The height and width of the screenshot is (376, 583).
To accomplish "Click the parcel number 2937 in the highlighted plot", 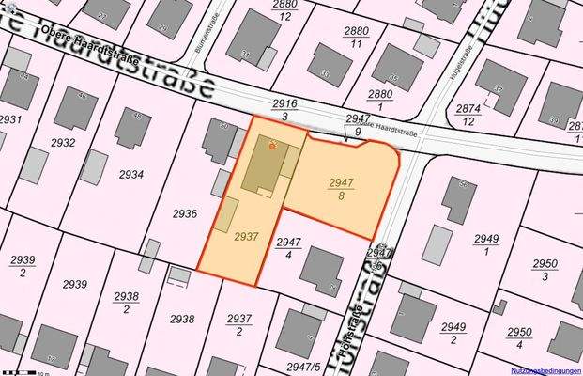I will (x=246, y=237).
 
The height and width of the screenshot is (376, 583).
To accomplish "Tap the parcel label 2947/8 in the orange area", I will (x=342, y=189).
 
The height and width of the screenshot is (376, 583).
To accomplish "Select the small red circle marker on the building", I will (x=272, y=146).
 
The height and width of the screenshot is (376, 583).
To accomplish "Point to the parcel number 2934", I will (x=130, y=174).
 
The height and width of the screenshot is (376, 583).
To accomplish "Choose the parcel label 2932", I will (x=63, y=143).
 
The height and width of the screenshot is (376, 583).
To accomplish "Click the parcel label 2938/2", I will (x=126, y=302).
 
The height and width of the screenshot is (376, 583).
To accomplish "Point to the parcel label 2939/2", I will (x=23, y=265).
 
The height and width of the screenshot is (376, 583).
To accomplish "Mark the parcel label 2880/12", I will (x=284, y=10).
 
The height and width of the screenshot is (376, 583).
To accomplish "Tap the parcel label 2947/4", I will (x=289, y=248).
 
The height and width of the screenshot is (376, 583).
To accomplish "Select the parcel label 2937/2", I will (x=239, y=325).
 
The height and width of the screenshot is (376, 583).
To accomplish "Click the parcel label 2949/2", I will (x=453, y=332).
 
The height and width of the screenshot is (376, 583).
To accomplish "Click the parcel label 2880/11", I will (x=356, y=38).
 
